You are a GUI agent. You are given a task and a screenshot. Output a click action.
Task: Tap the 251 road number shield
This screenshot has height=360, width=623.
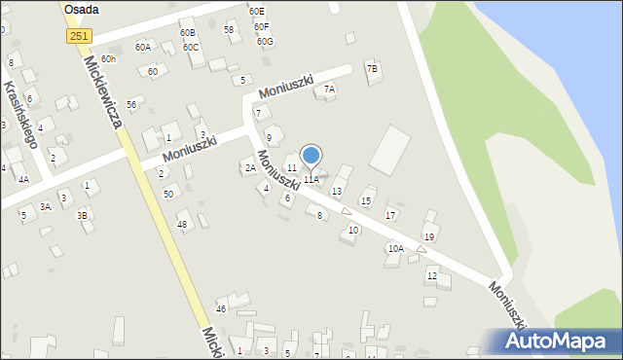pyautogui.click(x=81, y=35)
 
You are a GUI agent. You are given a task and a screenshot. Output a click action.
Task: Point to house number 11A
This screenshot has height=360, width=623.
pyautogui.click(x=311, y=180)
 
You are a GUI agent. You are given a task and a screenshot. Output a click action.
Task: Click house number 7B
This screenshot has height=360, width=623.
pyautogui.click(x=372, y=69)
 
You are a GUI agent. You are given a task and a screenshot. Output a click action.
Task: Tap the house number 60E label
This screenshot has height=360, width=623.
pyautogui.click(x=256, y=11)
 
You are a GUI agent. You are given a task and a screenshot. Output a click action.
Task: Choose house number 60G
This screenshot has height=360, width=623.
pyautogui.click(x=265, y=42)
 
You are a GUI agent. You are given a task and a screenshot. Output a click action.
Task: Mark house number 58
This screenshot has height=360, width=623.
pyautogui.click(x=229, y=30)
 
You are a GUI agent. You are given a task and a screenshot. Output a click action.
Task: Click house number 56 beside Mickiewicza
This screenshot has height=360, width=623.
pyautogui.click(x=131, y=104)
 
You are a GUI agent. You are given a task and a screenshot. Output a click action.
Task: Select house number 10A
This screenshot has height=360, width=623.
pyautogui.click(x=395, y=248)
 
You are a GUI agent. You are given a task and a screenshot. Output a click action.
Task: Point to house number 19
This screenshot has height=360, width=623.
pyautogui.click(x=428, y=237)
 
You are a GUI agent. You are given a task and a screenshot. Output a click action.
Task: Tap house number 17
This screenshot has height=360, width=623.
pyautogui.click(x=390, y=215)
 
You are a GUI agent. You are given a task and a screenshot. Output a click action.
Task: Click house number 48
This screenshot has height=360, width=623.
pyautogui.click(x=181, y=225)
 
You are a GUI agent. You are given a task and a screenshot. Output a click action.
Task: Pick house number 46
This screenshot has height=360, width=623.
pyautogui.click(x=221, y=308)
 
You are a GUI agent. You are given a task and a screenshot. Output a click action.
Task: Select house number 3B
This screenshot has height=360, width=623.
pyautogui.click(x=83, y=215)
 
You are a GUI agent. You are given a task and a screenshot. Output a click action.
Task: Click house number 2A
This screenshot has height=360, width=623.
pyautogui.click(x=250, y=168)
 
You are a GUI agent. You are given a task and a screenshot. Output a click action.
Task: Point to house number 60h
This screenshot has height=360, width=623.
pyautogui.click(x=108, y=59)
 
